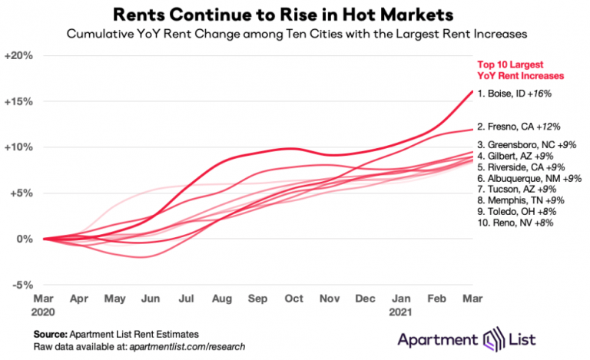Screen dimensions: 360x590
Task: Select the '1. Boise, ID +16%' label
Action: click(515, 93)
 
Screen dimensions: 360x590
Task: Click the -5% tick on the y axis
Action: click(22, 284)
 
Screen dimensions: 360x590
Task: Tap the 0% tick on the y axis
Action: click(24, 239)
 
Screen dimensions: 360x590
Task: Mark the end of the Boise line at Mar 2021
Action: click(472, 91)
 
